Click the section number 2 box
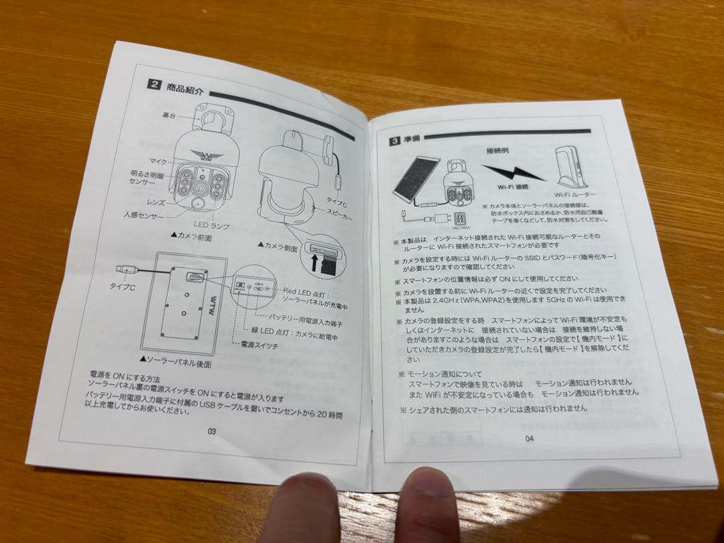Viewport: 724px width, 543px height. [155, 85]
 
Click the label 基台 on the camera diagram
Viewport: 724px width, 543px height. [168, 115]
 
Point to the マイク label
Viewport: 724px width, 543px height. [158, 161]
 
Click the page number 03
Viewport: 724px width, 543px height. [211, 431]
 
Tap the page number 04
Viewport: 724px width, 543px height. [529, 438]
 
